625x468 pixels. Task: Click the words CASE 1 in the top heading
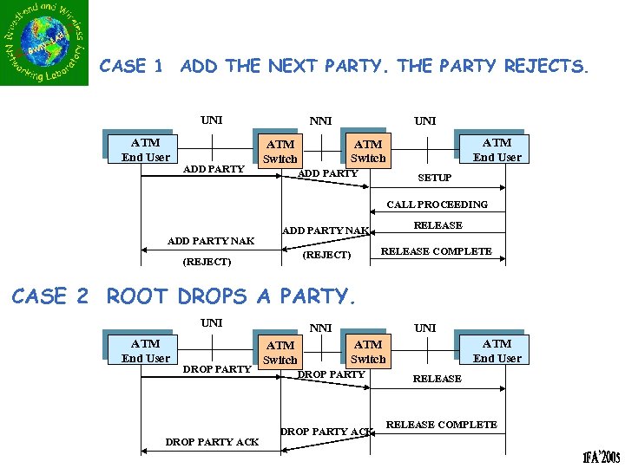pyautogui.click(x=131, y=66)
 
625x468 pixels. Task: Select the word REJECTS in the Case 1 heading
pyautogui.click(x=546, y=66)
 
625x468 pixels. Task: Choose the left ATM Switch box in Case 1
pyautogui.click(x=280, y=152)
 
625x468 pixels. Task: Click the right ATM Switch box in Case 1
pyautogui.click(x=368, y=152)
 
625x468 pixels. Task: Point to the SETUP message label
pyautogui.click(x=435, y=178)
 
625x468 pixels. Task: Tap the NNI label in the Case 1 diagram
pyautogui.click(x=321, y=121)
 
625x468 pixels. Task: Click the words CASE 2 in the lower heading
pyautogui.click(x=50, y=296)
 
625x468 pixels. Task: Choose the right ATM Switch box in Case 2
pyautogui.click(x=368, y=352)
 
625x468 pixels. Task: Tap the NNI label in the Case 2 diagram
pyautogui.click(x=321, y=328)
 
